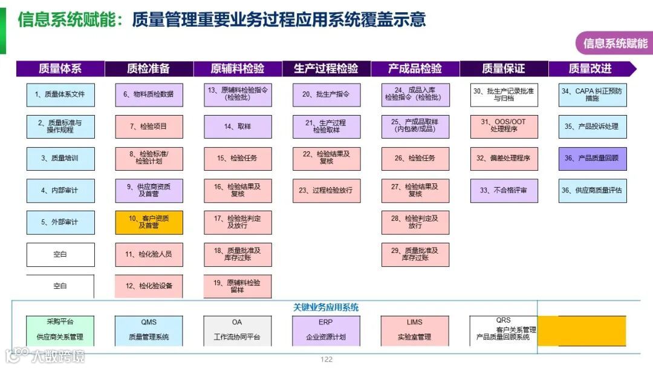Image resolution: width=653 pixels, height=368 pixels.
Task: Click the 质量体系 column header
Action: [x=60, y=68]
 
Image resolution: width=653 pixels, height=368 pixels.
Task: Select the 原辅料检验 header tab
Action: [x=238, y=68]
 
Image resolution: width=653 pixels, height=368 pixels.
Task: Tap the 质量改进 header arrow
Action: [x=591, y=68]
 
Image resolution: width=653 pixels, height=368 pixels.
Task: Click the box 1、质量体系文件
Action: [x=60, y=94]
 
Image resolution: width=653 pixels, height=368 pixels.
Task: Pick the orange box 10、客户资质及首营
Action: [x=149, y=222]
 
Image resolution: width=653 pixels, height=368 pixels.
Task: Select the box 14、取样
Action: [x=238, y=126]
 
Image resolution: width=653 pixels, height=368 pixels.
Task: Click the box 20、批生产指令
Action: [x=326, y=94]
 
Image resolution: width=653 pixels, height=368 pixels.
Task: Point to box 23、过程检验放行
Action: [x=326, y=190]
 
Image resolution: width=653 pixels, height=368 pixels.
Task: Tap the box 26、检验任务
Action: [x=415, y=158]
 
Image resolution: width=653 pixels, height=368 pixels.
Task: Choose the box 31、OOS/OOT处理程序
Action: [x=504, y=126]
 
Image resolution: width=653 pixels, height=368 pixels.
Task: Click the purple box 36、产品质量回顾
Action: [x=593, y=158]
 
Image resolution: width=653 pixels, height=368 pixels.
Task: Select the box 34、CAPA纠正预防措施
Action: [x=593, y=94]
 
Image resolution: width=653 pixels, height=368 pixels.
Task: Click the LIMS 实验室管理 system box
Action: [x=415, y=330]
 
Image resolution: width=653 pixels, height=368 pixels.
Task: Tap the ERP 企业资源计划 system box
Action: [x=326, y=330]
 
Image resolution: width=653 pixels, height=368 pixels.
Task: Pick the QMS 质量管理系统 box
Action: [x=149, y=330]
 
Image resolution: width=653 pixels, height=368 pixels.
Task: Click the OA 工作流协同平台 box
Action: [x=237, y=330]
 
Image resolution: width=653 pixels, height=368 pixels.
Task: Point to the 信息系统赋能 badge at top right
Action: [x=614, y=43]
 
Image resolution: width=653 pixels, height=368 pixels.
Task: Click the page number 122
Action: [x=326, y=360]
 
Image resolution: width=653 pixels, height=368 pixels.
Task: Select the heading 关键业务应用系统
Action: [x=326, y=307]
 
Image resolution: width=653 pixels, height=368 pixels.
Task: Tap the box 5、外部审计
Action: [x=60, y=222]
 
